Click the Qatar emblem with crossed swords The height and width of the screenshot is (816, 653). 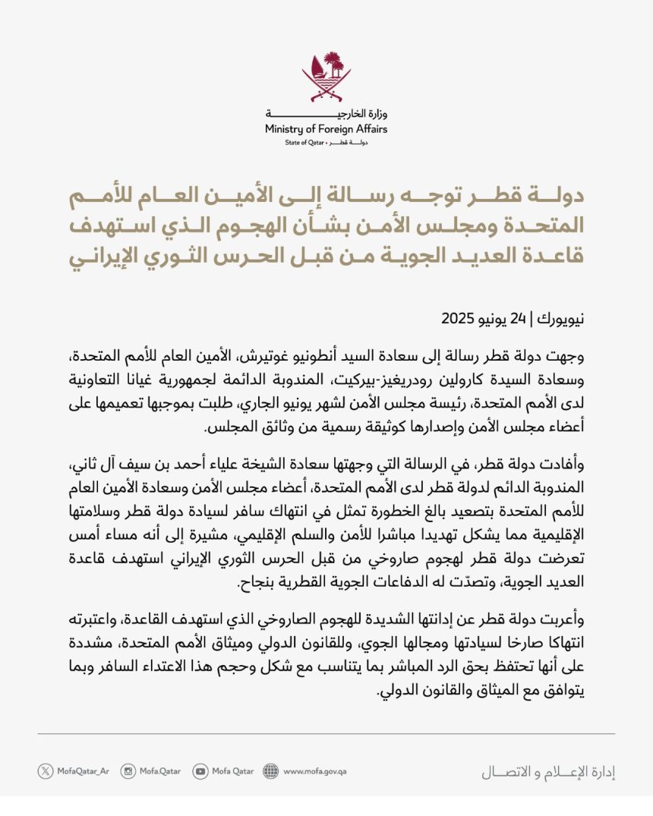326,75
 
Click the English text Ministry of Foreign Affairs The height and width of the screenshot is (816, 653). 326,130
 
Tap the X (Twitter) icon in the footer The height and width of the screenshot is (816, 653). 46,771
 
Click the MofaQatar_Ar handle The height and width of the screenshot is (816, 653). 84,771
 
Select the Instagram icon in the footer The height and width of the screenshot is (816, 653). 129,771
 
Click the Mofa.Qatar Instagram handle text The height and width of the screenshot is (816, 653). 161,771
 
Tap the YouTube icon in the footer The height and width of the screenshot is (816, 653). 200,771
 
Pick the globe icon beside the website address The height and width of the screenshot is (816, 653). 271,771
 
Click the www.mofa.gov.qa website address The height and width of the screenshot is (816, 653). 315,771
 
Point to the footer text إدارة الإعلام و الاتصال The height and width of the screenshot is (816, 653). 548,773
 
